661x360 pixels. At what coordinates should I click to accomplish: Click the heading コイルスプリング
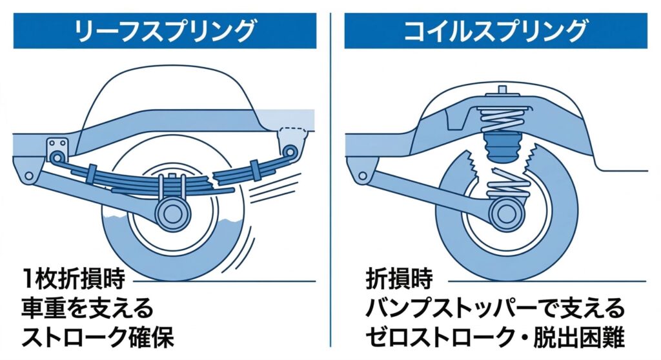[x=496, y=30]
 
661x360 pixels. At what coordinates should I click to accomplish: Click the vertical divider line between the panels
[x=330, y=181]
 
